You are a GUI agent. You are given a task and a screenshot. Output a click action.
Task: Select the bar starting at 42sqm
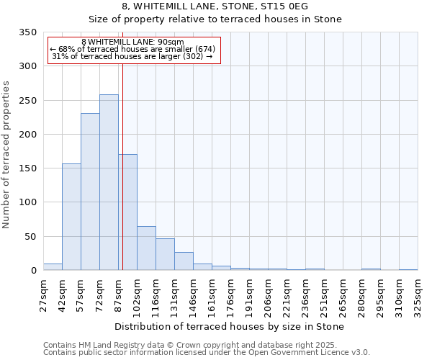tap(71, 217)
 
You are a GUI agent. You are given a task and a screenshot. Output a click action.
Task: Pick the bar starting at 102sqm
tap(146, 248)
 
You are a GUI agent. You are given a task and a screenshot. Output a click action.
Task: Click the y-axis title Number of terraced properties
tap(6, 155)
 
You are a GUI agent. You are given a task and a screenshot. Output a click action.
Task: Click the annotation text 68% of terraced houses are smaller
tap(133, 49)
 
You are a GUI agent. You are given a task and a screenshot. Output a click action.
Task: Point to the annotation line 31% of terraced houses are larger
tap(133, 57)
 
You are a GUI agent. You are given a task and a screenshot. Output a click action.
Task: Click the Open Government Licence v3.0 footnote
tap(207, 352)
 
